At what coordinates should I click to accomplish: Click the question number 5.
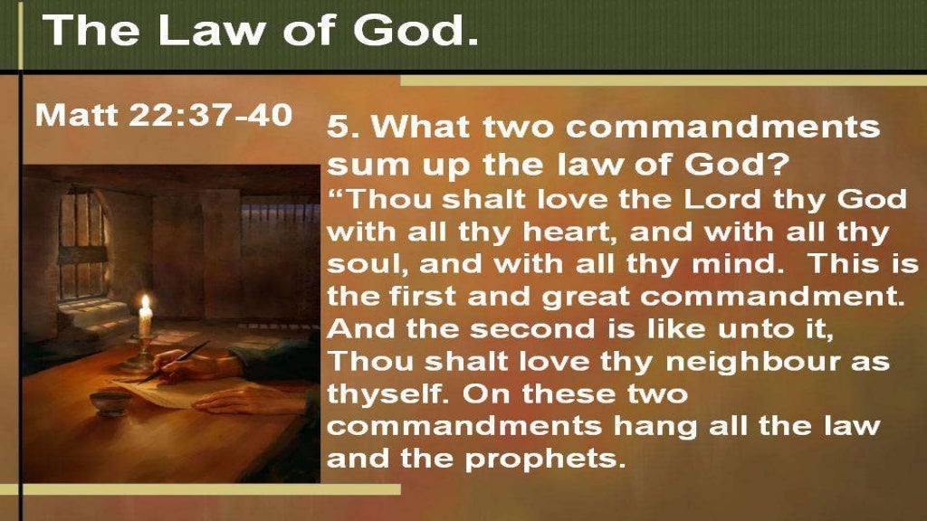pos(338,127)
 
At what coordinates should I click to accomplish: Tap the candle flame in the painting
pos(145,304)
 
